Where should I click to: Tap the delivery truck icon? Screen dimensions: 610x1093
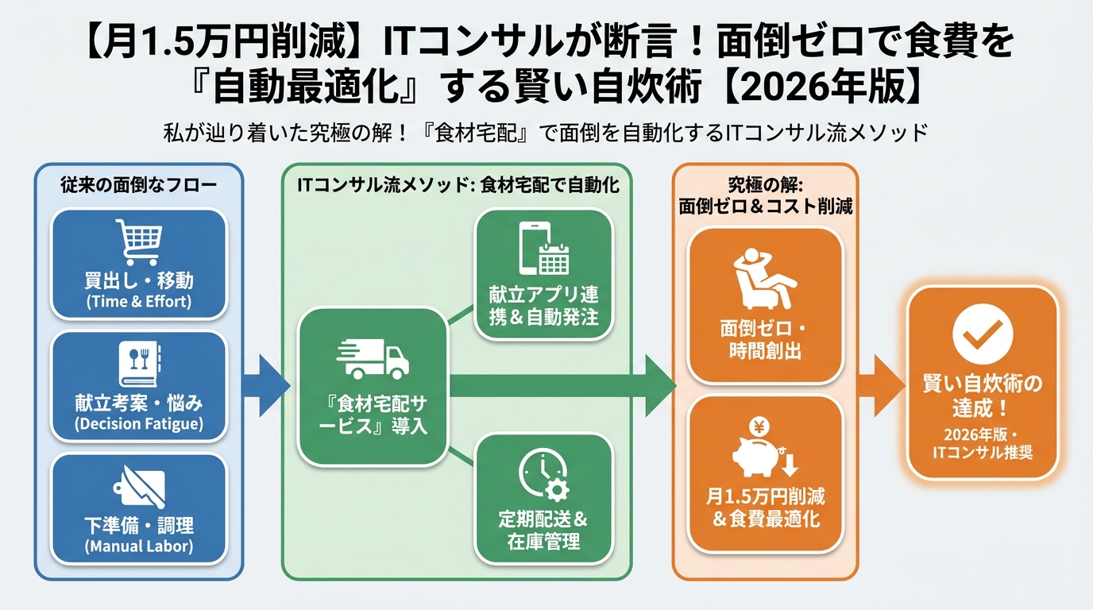click(373, 359)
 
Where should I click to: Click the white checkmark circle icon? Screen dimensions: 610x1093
click(983, 334)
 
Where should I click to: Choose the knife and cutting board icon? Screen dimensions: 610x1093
click(138, 487)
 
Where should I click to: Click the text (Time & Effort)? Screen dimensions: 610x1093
click(139, 301)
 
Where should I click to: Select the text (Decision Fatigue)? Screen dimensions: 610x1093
click(139, 424)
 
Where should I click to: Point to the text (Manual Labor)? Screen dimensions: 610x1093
click(139, 546)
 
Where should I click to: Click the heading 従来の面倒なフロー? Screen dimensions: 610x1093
click(139, 184)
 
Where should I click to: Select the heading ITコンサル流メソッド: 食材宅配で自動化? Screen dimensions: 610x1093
click(458, 184)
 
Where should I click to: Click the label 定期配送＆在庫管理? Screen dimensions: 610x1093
click(543, 531)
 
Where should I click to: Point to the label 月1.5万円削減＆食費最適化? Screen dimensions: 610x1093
click(766, 508)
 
